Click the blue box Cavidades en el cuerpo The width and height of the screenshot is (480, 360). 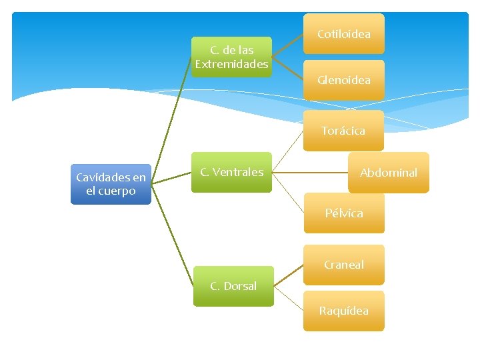111,184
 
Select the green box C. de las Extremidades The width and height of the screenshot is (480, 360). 231,57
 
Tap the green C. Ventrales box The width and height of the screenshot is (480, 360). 231,172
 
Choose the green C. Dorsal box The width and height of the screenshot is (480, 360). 233,286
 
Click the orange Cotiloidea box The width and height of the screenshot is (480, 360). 343,33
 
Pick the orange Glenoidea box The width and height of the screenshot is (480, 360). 343,80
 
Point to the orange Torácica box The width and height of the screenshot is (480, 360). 343,131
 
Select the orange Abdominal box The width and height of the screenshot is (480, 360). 388,173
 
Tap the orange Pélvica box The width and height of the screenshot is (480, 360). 344,213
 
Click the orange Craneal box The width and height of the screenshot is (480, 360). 344,265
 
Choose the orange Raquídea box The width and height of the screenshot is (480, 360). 344,311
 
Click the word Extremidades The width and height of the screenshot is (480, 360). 231,64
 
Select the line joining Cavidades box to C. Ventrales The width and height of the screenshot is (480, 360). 171,179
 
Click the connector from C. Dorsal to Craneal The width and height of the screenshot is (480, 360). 288,276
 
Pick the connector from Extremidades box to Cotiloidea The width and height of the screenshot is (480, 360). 287,45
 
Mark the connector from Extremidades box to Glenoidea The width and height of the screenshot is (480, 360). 287,68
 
